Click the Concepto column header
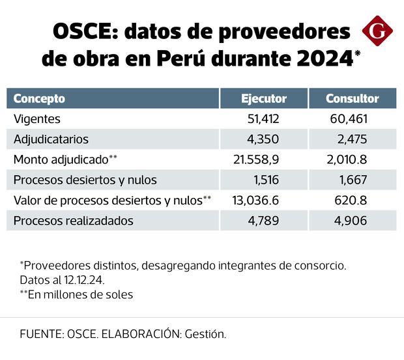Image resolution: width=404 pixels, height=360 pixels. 40,99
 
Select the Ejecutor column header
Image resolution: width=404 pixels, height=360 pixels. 264,99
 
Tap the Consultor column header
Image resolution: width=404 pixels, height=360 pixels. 353,99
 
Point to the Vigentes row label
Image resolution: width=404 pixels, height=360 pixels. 36,119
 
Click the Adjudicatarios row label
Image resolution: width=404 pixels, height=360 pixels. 51,139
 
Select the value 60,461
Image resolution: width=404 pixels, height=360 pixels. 349,119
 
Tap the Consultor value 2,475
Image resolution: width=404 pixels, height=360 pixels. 352,139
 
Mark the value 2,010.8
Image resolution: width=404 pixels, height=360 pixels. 346,159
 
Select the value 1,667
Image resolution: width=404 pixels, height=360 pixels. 353,180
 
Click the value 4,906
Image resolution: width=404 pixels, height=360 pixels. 352,220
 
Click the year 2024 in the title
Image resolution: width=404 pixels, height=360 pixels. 323,58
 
